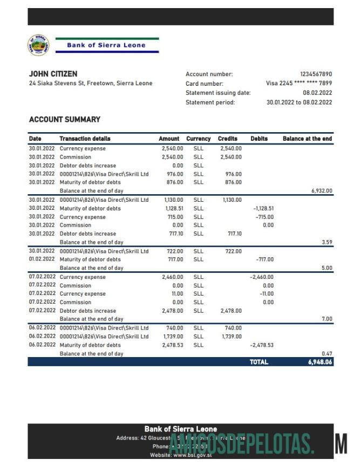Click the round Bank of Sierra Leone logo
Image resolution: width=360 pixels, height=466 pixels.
click(x=38, y=45)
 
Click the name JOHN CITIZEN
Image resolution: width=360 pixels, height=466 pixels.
click(x=53, y=74)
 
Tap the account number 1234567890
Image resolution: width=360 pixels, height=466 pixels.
click(x=316, y=74)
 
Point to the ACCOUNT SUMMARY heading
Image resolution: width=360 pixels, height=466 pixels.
click(x=64, y=119)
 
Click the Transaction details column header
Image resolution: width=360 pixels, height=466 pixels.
click(x=85, y=139)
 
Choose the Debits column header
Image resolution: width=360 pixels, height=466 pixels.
click(x=259, y=139)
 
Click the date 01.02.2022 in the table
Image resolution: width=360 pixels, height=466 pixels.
click(x=42, y=259)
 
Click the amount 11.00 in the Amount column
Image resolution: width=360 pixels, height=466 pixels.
click(x=177, y=294)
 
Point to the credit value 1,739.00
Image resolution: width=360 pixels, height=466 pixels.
click(x=232, y=337)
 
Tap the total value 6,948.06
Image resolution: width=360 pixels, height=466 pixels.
click(x=320, y=362)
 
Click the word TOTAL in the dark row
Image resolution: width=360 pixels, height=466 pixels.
click(x=259, y=362)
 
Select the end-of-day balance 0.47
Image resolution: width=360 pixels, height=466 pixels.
click(x=327, y=354)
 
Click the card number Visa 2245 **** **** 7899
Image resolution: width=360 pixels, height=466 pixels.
click(x=299, y=84)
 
